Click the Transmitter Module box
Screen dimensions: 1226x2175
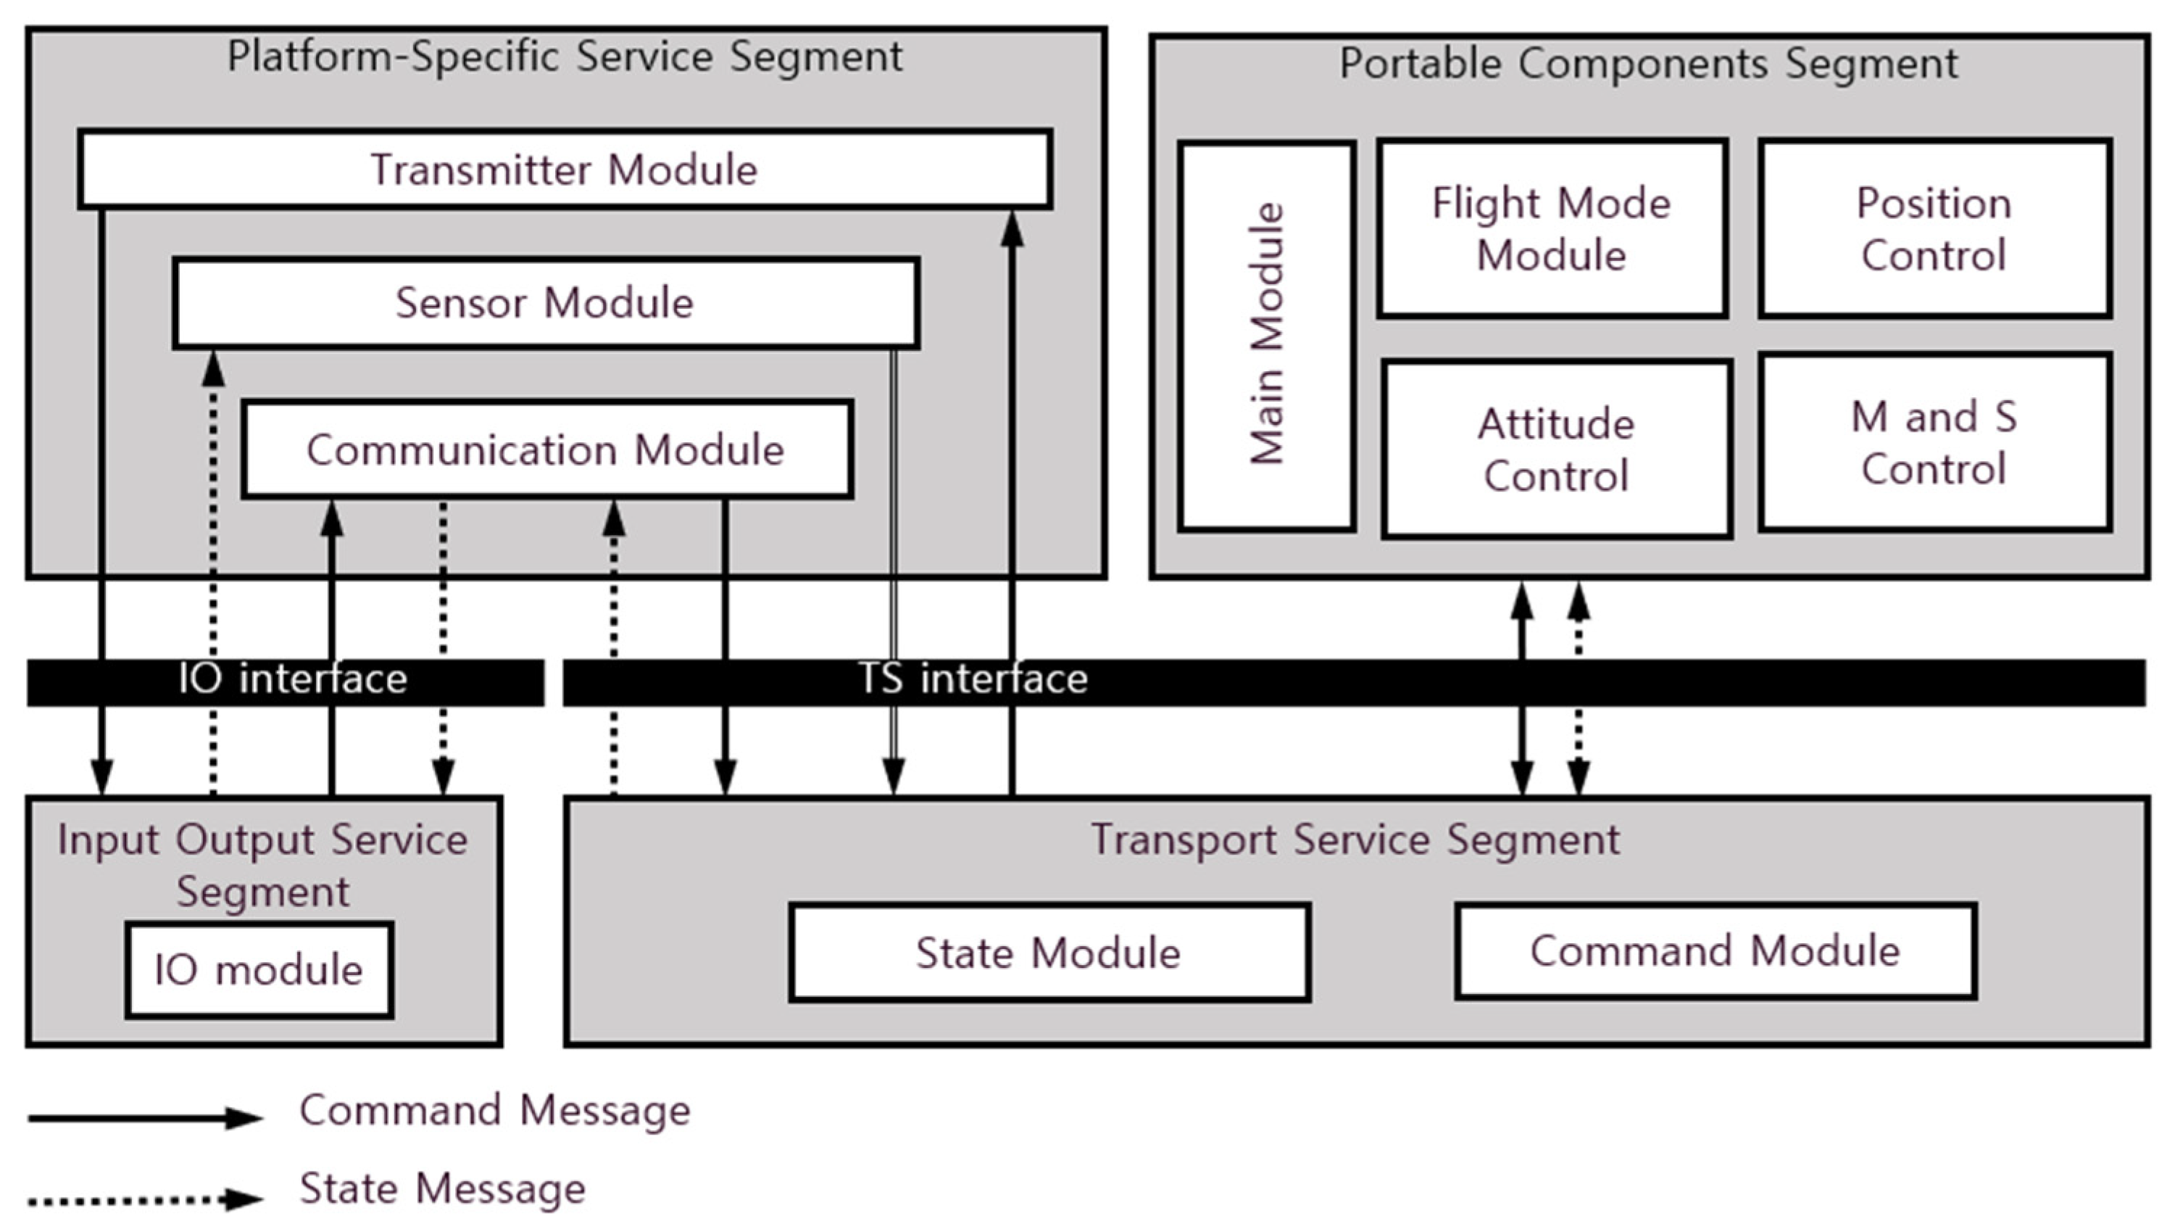point(565,169)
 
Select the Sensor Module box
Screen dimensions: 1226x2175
point(546,302)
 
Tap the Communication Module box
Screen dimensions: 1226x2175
point(546,450)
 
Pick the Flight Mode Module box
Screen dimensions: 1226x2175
point(1551,229)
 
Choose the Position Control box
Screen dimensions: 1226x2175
point(1934,229)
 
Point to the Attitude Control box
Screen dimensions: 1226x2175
point(1556,450)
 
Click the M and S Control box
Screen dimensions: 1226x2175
point(1934,442)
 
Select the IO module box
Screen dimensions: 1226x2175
point(258,969)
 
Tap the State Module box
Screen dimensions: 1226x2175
point(1049,953)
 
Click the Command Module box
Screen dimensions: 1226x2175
point(1715,950)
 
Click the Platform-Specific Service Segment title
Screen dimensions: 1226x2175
point(565,57)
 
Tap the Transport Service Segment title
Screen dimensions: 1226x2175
point(1355,840)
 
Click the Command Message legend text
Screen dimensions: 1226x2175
point(495,1110)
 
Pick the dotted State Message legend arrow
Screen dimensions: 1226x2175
point(144,1199)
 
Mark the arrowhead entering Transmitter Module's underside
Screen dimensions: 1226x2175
point(1012,229)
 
